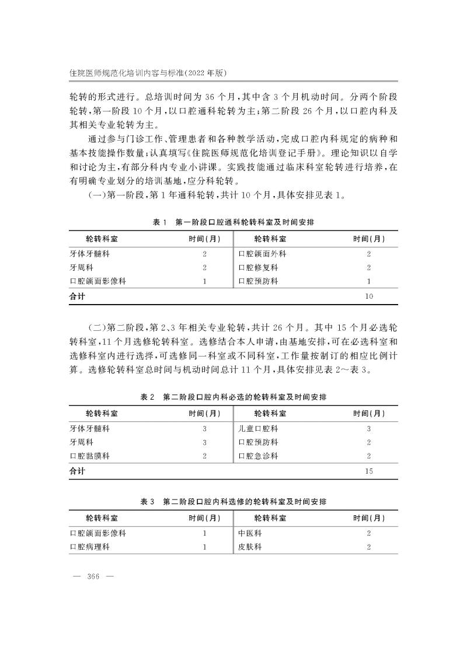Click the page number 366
point(93,577)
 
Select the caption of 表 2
point(233,397)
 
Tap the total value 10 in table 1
point(369,296)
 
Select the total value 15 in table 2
point(369,470)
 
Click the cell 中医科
point(250,533)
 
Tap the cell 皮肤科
point(250,547)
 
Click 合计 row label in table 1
point(77,296)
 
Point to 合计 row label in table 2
point(77,470)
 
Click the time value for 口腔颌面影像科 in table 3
point(204,533)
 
